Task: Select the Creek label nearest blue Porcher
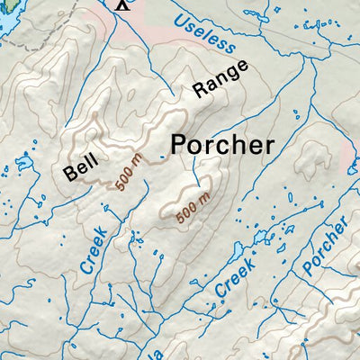[x=237, y=275]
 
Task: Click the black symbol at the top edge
[x=123, y=4]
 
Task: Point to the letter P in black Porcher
[x=180, y=144]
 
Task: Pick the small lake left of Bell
[x=23, y=165]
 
